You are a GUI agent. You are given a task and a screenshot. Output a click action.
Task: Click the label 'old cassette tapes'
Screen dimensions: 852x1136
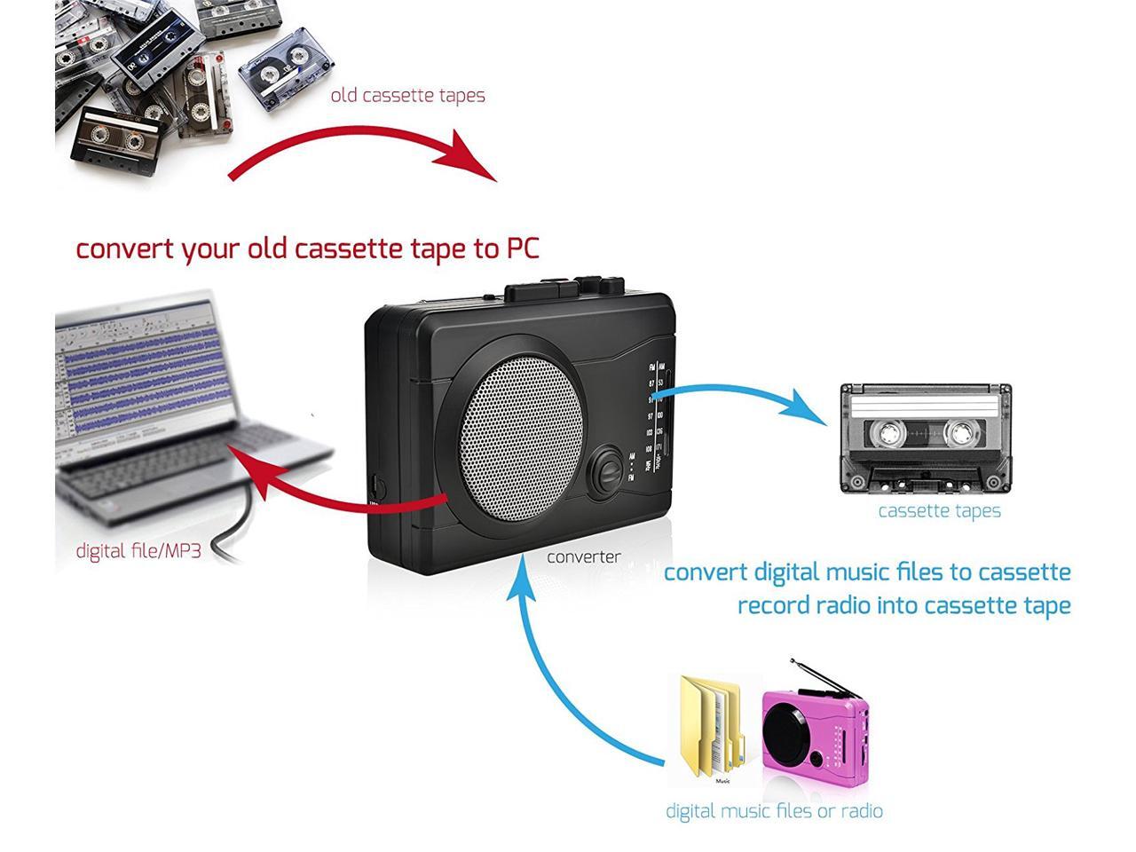click(407, 95)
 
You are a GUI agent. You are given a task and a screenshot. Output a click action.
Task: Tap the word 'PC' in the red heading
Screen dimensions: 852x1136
click(523, 248)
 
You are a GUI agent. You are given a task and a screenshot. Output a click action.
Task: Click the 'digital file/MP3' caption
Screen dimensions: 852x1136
click(138, 551)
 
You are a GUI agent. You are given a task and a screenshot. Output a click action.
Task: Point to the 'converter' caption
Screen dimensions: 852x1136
click(583, 557)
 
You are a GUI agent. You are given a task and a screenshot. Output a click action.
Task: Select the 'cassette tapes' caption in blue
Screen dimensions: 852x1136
click(939, 511)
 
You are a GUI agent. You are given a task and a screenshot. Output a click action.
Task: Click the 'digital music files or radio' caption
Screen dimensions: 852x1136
click(774, 811)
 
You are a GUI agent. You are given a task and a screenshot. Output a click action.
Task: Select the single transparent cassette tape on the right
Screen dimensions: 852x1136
click(926, 438)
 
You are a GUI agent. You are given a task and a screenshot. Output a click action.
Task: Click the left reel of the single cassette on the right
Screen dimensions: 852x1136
click(887, 434)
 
